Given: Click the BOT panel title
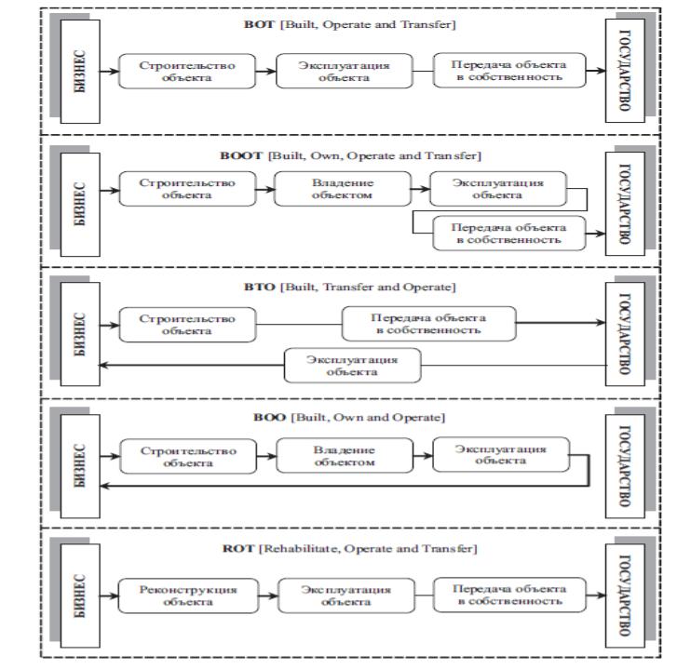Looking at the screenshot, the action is tap(350, 24).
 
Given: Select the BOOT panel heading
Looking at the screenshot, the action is tap(350, 155).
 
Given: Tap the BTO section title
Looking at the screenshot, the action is tap(350, 287).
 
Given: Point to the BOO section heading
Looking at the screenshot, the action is tap(349, 418).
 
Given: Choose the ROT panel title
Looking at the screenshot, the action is tap(350, 549).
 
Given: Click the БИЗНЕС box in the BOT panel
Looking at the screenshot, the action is tap(80, 72).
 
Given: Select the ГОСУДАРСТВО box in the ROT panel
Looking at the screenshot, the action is tap(625, 595).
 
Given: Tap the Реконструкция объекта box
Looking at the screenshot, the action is tap(188, 595).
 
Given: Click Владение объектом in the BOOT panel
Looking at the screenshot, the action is tap(343, 189).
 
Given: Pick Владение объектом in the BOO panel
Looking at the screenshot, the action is tap(345, 456).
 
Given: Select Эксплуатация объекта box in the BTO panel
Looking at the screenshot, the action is tap(352, 366).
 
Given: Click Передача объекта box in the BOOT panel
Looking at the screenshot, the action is tap(509, 234).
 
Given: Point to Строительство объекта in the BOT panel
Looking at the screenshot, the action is tap(187, 72).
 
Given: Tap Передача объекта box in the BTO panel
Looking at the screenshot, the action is tap(428, 324).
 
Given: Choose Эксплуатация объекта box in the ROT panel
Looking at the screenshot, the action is tap(346, 595).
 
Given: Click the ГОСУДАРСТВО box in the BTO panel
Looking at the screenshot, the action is tap(625, 334).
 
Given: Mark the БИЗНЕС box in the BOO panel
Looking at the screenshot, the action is tap(80, 466).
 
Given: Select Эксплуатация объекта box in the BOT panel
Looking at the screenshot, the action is tap(345, 71).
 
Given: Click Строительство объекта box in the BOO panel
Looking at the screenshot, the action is tap(188, 457).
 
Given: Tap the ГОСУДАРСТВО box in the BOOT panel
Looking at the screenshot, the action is tap(625, 204).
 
